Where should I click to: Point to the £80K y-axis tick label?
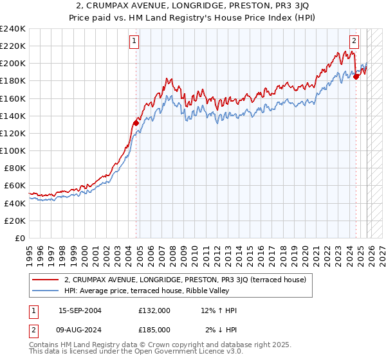pyautogui.click(x=15, y=168)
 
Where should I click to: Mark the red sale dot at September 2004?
pyautogui.click(x=136, y=123)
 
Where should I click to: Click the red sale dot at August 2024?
pyautogui.click(x=356, y=76)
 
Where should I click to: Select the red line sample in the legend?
pyautogui.click(x=46, y=280)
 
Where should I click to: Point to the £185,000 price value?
pyautogui.click(x=154, y=330)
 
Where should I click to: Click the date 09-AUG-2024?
pyautogui.click(x=80, y=330)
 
